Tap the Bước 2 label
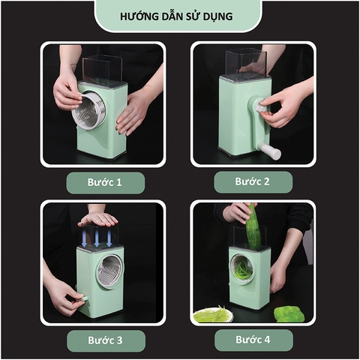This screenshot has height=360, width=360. (x=253, y=181)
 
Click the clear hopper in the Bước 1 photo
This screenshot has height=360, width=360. (x=102, y=70)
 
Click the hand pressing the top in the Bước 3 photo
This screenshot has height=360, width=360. (x=97, y=220)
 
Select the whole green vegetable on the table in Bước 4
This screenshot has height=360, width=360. (x=289, y=313)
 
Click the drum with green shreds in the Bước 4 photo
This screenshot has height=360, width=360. (x=243, y=268)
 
